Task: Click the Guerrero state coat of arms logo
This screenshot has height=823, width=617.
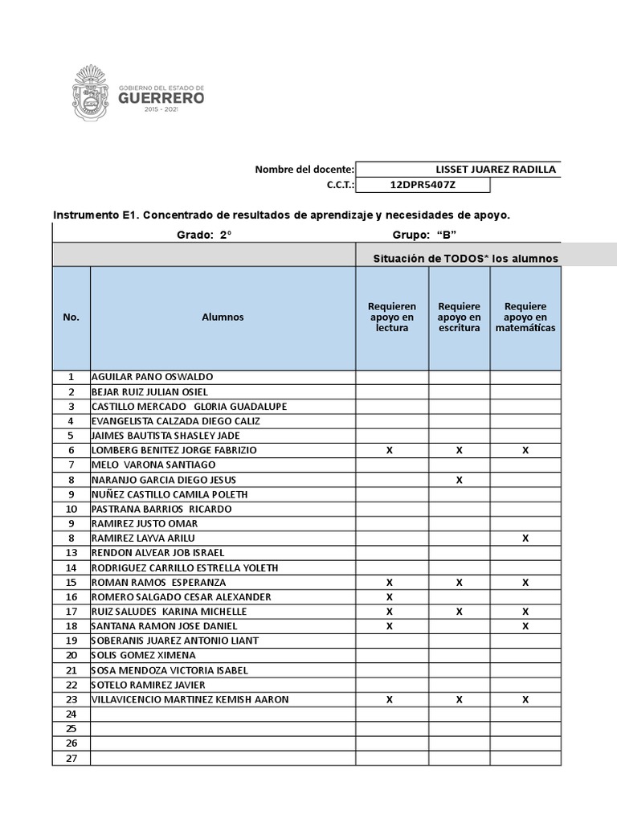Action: [x=95, y=93]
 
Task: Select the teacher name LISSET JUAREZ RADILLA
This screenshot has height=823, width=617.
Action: [x=496, y=170]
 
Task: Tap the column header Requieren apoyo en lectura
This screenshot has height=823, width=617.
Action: [x=392, y=317]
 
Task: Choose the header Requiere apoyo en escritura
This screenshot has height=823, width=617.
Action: [x=459, y=317]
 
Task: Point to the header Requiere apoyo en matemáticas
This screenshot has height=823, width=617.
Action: [x=525, y=317]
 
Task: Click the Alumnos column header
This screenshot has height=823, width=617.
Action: [x=223, y=317]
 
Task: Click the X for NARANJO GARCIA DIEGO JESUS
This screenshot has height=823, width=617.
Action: [x=460, y=480]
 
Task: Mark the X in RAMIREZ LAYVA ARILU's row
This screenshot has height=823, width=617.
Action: [x=525, y=538]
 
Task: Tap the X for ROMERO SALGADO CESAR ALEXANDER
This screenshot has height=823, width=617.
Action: [x=390, y=597]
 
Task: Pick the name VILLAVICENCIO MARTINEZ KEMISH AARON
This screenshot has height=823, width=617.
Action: [x=190, y=700]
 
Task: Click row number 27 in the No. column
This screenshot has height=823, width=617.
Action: [x=71, y=759]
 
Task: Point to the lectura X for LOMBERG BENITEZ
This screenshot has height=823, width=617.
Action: [x=390, y=451]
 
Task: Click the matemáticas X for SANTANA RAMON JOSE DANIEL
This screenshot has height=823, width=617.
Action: [x=525, y=626]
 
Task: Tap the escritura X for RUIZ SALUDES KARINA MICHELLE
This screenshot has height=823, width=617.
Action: [x=460, y=612]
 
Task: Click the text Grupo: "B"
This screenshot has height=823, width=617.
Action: [x=424, y=235]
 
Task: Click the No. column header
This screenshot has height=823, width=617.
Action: [x=71, y=317]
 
